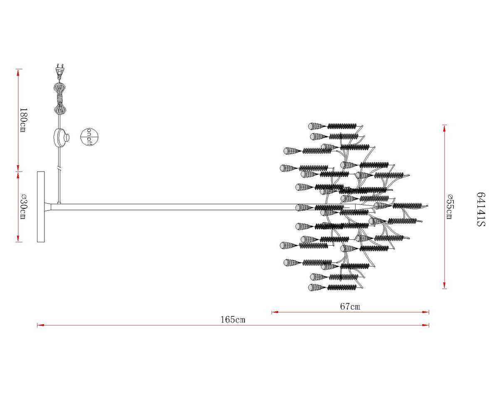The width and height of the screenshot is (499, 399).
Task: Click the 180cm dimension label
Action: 23,120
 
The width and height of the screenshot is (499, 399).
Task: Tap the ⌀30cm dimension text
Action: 23,206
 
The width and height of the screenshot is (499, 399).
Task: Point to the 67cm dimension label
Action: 350,306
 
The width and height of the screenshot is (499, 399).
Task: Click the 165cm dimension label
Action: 232,320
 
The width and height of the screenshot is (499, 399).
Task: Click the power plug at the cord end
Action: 60,71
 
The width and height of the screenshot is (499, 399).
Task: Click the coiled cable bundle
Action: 59,99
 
